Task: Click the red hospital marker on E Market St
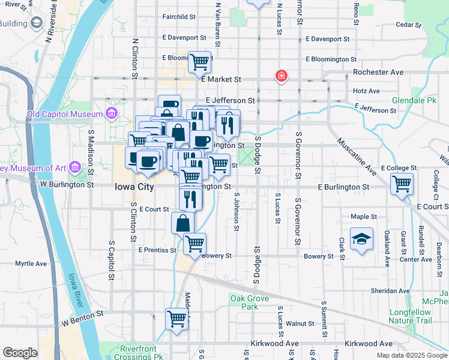(280, 76)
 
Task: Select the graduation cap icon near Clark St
(362, 239)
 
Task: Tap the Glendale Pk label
(414, 101)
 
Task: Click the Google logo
(20, 353)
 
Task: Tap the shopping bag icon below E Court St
(182, 223)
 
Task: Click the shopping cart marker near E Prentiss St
(194, 244)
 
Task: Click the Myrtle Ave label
(31, 263)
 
